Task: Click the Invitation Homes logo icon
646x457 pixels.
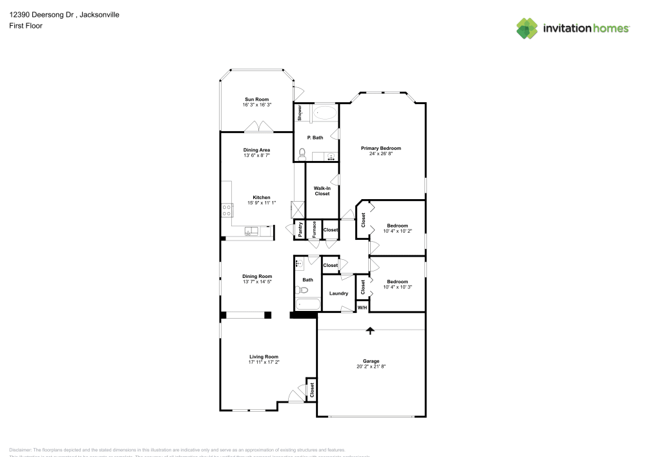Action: tap(527, 28)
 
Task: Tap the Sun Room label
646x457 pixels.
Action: tap(256, 100)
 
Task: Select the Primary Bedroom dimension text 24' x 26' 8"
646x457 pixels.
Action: tap(380, 154)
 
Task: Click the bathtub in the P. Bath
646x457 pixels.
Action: tap(324, 114)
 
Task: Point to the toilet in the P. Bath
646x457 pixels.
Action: tap(302, 153)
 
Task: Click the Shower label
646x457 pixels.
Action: tap(300, 113)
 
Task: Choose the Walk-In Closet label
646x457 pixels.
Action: tap(322, 191)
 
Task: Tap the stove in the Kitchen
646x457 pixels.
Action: tap(227, 209)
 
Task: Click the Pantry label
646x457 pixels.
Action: tap(300, 229)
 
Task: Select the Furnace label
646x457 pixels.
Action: tap(314, 229)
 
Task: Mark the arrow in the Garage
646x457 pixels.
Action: tap(370, 331)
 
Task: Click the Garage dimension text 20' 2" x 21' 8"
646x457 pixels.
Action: tap(371, 367)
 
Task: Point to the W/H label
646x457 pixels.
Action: tap(362, 308)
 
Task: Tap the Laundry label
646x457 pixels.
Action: tap(339, 293)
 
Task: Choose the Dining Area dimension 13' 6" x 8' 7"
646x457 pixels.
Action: tap(256, 156)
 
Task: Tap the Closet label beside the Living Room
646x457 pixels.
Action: tap(311, 390)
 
